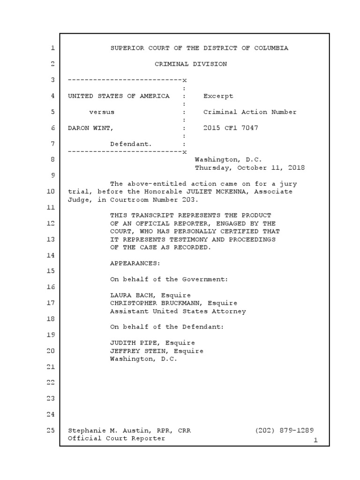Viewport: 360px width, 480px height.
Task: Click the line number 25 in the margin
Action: tap(52, 430)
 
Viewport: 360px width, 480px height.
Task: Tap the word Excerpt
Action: tap(218, 96)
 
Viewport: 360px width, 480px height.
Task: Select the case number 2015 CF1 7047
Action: tap(231, 128)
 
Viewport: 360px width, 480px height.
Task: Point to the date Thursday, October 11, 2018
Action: tap(249, 167)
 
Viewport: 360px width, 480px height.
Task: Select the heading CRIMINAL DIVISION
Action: tap(191, 64)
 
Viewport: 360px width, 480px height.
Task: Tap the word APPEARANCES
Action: tap(135, 263)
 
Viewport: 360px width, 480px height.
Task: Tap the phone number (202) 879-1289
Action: tap(285, 430)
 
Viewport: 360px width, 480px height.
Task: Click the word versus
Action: tap(101, 112)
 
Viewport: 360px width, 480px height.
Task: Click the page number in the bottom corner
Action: tap(315, 440)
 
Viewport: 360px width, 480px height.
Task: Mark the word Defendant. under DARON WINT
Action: tap(131, 144)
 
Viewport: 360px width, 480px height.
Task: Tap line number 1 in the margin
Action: tap(52, 48)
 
